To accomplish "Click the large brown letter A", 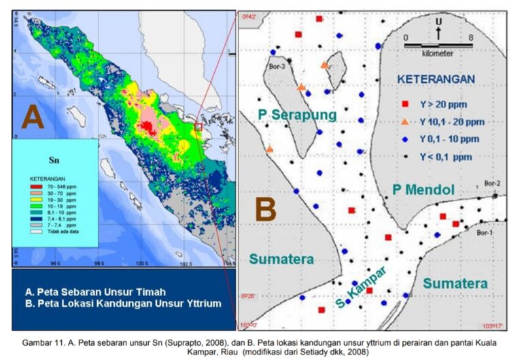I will point(33,117).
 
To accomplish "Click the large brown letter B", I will point(266,210).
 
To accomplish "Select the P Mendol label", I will point(423,190).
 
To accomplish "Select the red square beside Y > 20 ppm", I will point(405,105).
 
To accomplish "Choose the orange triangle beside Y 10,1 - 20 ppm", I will point(405,122).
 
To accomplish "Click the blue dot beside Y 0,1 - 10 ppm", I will point(405,139).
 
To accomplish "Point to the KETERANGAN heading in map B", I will point(436,79).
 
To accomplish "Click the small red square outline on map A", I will point(198,126).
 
